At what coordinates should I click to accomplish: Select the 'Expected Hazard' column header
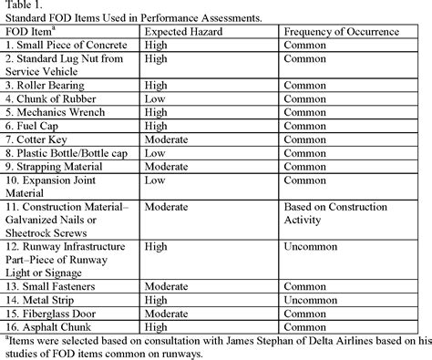[187, 32]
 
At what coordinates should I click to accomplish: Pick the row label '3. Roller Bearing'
[49, 84]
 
